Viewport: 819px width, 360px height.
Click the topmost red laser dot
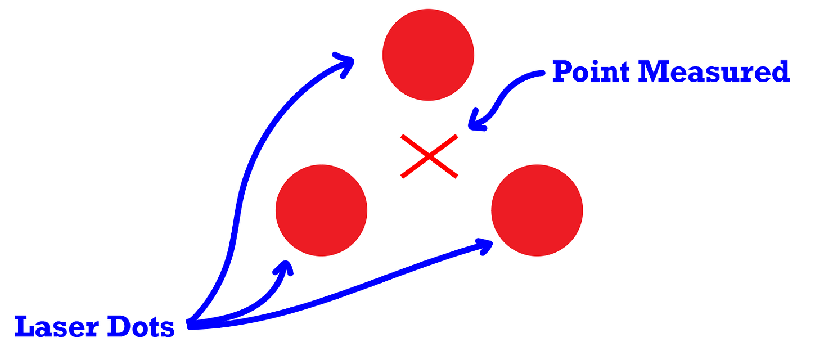428,55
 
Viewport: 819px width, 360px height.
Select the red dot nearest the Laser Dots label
321,210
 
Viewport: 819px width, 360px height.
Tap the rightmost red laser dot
537,210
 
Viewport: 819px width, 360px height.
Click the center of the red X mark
429,156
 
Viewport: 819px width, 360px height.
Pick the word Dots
143,327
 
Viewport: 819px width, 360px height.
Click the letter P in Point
561,72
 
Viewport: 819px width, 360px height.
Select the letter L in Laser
22,327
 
